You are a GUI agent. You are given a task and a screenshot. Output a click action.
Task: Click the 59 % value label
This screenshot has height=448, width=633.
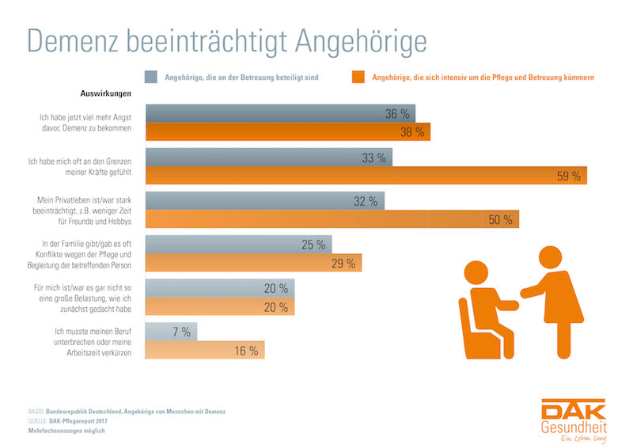tap(568, 176)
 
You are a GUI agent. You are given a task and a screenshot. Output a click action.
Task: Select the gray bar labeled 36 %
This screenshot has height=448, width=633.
tap(281, 114)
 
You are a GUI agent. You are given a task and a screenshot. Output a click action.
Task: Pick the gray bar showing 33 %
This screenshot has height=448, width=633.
tap(269, 158)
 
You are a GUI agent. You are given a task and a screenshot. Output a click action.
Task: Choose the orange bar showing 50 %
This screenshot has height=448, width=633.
tap(332, 219)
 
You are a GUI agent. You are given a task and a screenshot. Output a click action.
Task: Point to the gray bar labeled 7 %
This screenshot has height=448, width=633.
tap(171, 331)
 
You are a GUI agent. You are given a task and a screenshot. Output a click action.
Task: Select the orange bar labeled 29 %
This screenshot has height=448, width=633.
tap(253, 263)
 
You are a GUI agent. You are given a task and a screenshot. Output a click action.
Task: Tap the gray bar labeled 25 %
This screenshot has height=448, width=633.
tap(237, 245)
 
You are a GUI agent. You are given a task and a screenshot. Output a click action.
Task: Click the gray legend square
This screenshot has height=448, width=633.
tap(150, 78)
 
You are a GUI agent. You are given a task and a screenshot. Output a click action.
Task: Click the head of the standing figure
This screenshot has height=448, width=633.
tap(551, 257)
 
